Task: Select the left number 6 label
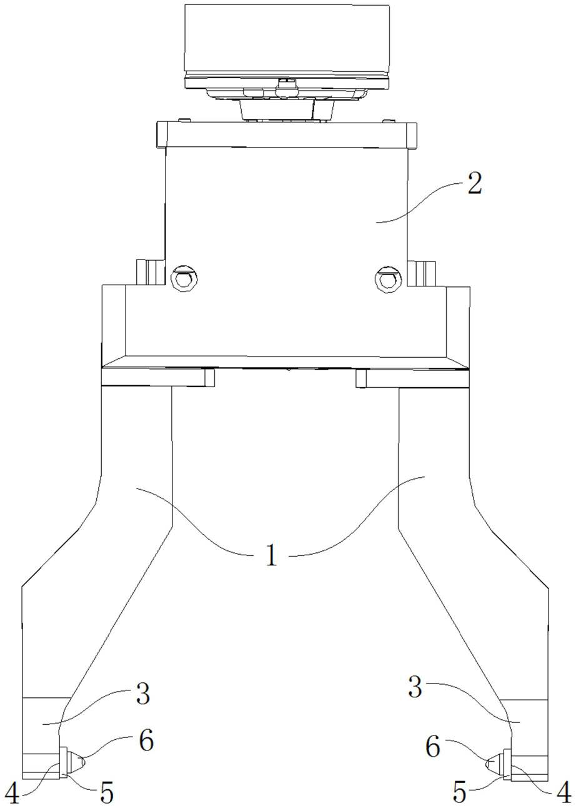click(x=146, y=740)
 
